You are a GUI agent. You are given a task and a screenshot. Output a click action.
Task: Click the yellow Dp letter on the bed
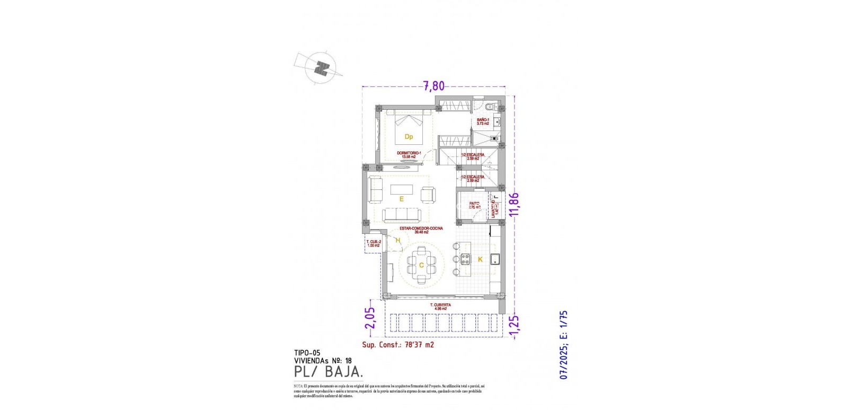pos(409,137)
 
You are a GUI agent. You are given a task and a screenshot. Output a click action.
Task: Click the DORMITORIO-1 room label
pos(409,153)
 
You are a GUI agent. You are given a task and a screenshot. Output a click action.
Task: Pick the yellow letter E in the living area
pos(402,199)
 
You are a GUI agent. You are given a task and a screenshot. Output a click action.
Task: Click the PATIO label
pos(474,204)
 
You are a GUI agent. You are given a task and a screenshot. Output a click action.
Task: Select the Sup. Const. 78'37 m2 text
pos(398,345)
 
